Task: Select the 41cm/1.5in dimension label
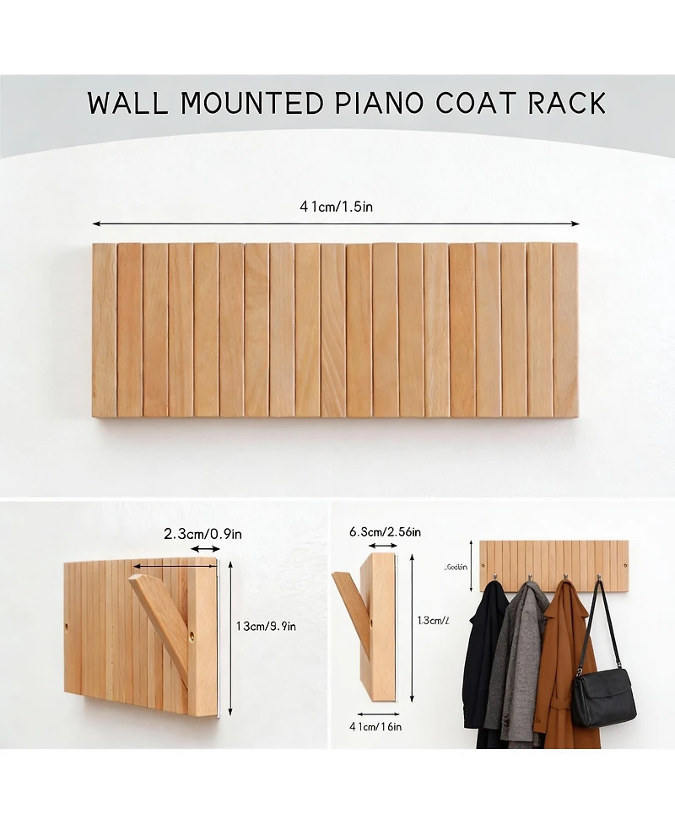pos(336,207)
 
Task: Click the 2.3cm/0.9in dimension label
pos(202,534)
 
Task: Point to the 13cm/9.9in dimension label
pos(267,626)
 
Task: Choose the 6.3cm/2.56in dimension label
pos(385,531)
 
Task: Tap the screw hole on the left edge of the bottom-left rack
pos(67,628)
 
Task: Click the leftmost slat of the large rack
pos(104,330)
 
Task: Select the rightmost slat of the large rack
pos(565,330)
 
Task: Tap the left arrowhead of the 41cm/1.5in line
pos(95,224)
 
